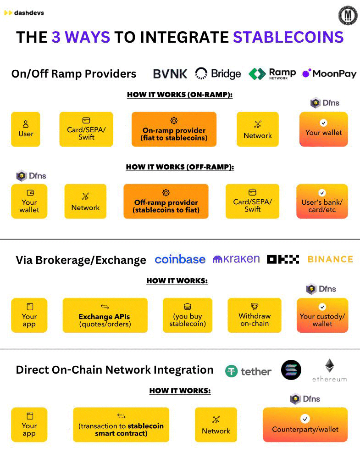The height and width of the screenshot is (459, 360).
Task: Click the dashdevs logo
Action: (24, 13)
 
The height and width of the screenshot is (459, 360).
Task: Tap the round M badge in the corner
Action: (348, 16)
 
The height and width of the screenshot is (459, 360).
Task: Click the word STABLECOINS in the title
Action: (288, 37)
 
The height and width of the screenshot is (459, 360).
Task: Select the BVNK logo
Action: (170, 74)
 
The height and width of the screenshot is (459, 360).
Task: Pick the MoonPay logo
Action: (329, 73)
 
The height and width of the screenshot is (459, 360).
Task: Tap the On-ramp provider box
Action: (174, 129)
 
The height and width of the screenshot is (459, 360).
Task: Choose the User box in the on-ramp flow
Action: (26, 129)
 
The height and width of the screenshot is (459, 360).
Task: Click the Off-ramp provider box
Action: (166, 202)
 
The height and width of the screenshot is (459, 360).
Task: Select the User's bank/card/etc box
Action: (322, 202)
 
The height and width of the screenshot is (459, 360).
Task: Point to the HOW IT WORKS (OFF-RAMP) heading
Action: (180, 168)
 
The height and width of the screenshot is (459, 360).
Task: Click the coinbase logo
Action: (180, 259)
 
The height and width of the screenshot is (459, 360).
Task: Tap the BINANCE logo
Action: (330, 259)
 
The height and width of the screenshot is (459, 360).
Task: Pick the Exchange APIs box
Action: (105, 315)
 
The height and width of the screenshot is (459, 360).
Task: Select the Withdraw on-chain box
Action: (255, 315)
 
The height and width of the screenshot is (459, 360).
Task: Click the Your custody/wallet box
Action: (322, 315)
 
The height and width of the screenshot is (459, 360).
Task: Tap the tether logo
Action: (248, 371)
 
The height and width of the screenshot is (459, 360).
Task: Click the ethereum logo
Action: (329, 370)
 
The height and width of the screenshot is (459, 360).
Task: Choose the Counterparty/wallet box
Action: (305, 425)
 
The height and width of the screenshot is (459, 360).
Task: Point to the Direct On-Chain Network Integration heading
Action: (115, 370)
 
